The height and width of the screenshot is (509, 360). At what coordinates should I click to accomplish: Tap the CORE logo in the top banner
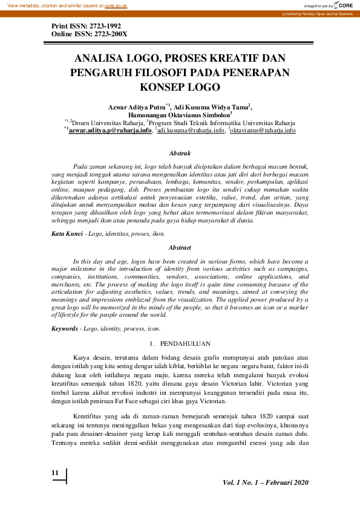tap(343, 5)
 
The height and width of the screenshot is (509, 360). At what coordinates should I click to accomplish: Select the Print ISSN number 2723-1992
tap(102, 27)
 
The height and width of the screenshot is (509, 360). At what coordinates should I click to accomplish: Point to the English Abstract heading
tap(180, 248)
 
